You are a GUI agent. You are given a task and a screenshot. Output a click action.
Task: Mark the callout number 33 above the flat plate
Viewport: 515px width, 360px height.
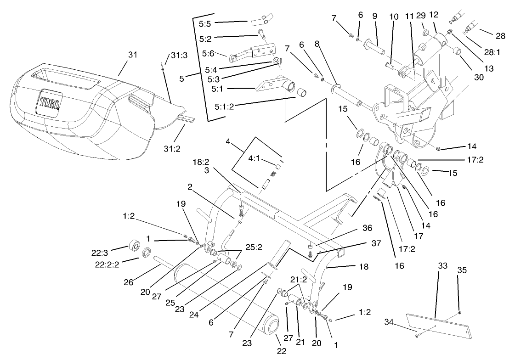442,265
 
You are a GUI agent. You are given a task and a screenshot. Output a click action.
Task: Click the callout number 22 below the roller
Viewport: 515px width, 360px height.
281,351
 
